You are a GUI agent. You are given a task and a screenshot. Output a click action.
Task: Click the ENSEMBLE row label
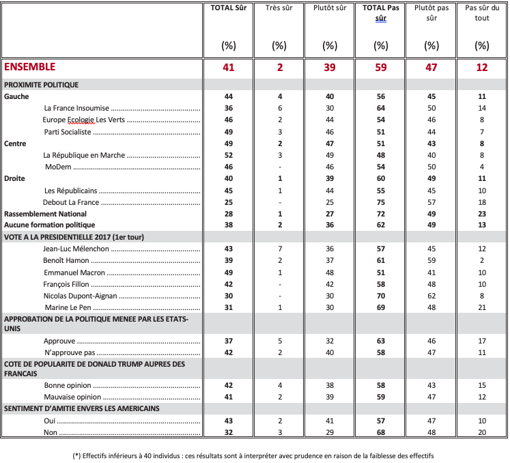pos(30,67)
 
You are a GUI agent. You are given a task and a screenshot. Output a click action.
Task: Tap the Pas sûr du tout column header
pos(482,13)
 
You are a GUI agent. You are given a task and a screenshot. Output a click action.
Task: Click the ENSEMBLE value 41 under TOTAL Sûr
pos(229,67)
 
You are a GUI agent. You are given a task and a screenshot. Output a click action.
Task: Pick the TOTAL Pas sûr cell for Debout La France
pos(380,202)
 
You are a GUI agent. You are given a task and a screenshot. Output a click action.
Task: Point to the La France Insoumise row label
pos(76,108)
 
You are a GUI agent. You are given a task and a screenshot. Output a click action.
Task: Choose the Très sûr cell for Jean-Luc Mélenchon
pos(279,249)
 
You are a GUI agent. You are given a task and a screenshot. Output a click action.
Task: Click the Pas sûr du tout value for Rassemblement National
pos(482,214)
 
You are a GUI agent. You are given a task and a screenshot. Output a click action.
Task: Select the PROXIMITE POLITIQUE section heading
pos(42,85)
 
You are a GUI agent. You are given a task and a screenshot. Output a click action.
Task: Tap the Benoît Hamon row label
pos(66,260)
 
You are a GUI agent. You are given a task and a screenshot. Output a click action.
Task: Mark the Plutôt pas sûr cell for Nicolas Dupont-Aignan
pos(431,296)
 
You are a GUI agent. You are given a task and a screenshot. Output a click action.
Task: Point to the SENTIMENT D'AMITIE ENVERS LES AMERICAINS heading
pos(83,408)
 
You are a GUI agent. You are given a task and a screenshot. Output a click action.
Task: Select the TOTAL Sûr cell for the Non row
pos(229,432)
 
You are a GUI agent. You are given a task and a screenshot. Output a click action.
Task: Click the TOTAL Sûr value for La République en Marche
pos(229,155)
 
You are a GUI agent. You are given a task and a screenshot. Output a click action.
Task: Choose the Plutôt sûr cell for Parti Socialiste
pos(330,132)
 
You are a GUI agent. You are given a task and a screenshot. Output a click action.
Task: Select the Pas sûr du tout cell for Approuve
pos(482,339)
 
